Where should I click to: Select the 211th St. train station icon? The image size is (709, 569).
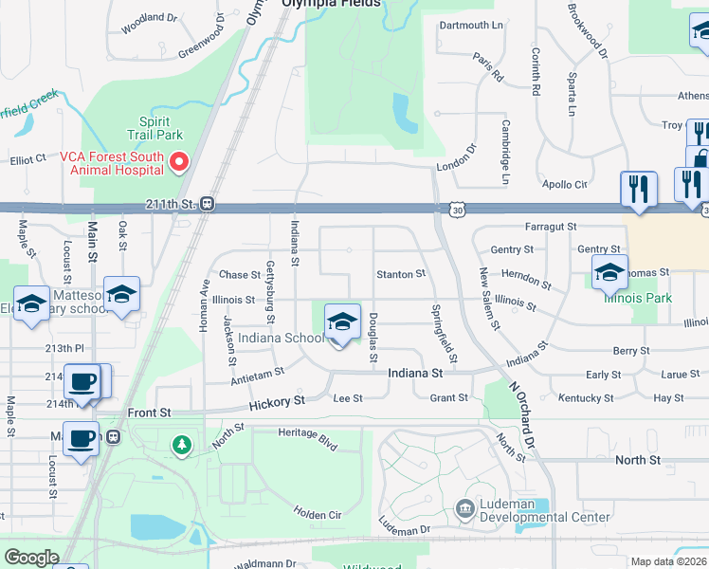(x=208, y=204)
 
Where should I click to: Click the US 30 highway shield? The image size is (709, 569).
(x=458, y=208)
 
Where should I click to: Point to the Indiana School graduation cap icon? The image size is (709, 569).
(x=342, y=323)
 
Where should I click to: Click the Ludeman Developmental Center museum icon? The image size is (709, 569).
(x=465, y=509)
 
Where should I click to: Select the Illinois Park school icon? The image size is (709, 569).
(x=609, y=273)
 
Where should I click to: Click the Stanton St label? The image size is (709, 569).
(x=401, y=274)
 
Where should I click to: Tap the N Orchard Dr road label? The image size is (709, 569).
(x=522, y=415)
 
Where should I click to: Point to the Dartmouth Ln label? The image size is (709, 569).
(x=470, y=25)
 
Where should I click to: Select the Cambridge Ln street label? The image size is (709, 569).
(x=506, y=153)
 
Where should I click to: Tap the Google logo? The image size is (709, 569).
(x=30, y=558)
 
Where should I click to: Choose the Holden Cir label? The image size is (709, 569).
(x=317, y=513)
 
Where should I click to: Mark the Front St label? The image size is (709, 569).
(x=150, y=413)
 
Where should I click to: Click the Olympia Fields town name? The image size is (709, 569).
(x=332, y=4)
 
